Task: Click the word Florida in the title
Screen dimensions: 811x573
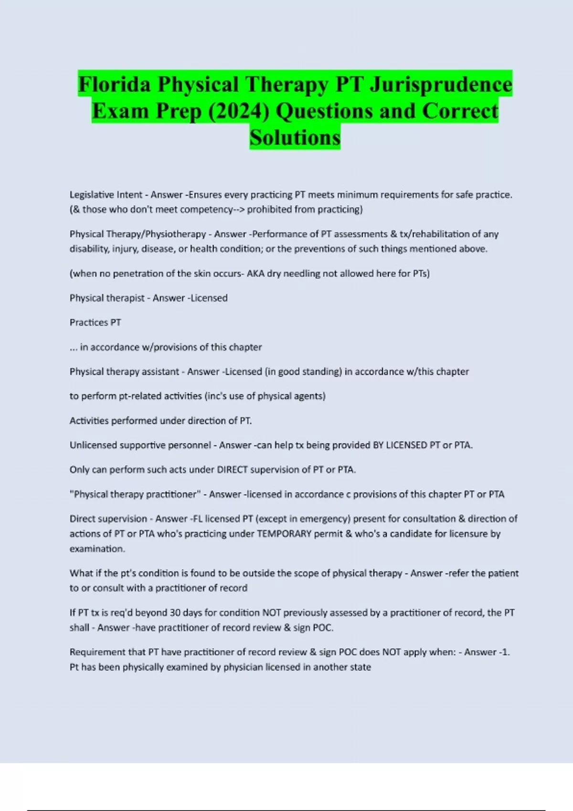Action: coord(115,84)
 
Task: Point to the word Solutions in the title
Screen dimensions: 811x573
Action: coord(295,137)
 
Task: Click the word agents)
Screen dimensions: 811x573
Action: coord(311,396)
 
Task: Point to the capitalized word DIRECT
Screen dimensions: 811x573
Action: coord(232,470)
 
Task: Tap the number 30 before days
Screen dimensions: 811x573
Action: coord(175,613)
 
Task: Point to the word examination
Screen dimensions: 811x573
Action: coord(97,549)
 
